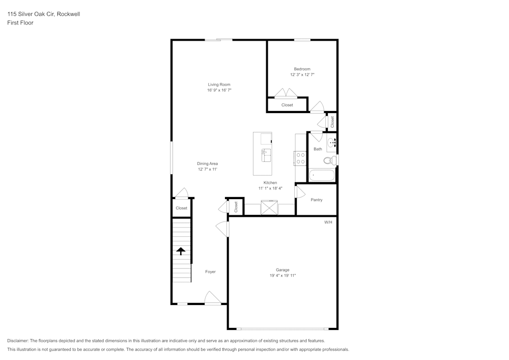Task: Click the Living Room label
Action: click(x=219, y=85)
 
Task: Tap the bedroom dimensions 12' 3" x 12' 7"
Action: click(x=302, y=75)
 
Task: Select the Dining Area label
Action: click(x=208, y=163)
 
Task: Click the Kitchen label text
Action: click(x=270, y=182)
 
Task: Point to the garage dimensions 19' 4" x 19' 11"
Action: click(x=282, y=275)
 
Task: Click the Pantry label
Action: click(x=317, y=200)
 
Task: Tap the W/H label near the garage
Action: click(x=328, y=222)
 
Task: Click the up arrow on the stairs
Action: click(x=180, y=251)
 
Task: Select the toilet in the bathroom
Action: click(x=329, y=160)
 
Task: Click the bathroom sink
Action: click(x=331, y=143)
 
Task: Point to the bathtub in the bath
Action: click(x=322, y=176)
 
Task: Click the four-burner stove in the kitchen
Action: click(x=300, y=158)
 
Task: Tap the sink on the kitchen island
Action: click(x=266, y=154)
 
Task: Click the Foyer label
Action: click(x=210, y=271)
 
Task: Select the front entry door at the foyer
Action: click(x=213, y=299)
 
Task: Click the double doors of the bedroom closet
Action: click(x=286, y=93)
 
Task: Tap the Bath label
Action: click(x=318, y=149)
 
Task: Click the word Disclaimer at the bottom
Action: click(x=18, y=341)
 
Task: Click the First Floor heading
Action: click(x=20, y=23)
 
